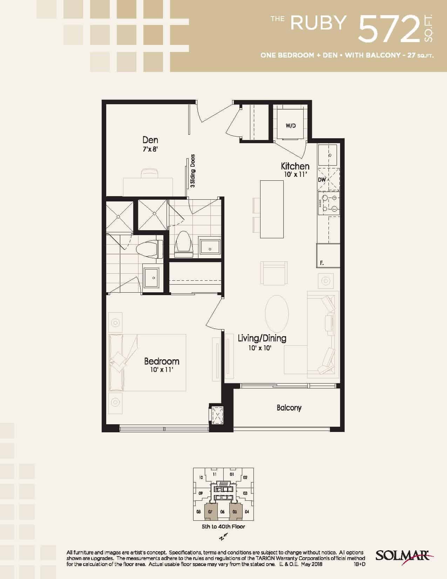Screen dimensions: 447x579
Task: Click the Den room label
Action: click(150, 140)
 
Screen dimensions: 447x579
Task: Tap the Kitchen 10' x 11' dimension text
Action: click(296, 175)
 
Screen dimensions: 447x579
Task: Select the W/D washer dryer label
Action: click(291, 126)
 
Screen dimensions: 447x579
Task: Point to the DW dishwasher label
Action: click(322, 180)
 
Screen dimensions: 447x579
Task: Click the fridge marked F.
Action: click(328, 255)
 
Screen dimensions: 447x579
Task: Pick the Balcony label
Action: click(289, 408)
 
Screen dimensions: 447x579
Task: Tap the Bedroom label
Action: click(162, 361)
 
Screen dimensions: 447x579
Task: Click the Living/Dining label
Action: click(262, 338)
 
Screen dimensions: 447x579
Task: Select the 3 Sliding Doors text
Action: click(193, 171)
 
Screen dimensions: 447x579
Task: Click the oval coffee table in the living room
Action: click(277, 314)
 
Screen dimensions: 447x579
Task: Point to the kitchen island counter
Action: click(272, 209)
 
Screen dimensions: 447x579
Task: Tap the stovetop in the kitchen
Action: click(329, 204)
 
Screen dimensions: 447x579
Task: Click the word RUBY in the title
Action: click(318, 23)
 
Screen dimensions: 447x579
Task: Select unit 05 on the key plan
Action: click(235, 512)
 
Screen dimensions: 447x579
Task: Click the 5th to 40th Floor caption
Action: click(223, 526)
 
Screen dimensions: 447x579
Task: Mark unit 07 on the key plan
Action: click(210, 512)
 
